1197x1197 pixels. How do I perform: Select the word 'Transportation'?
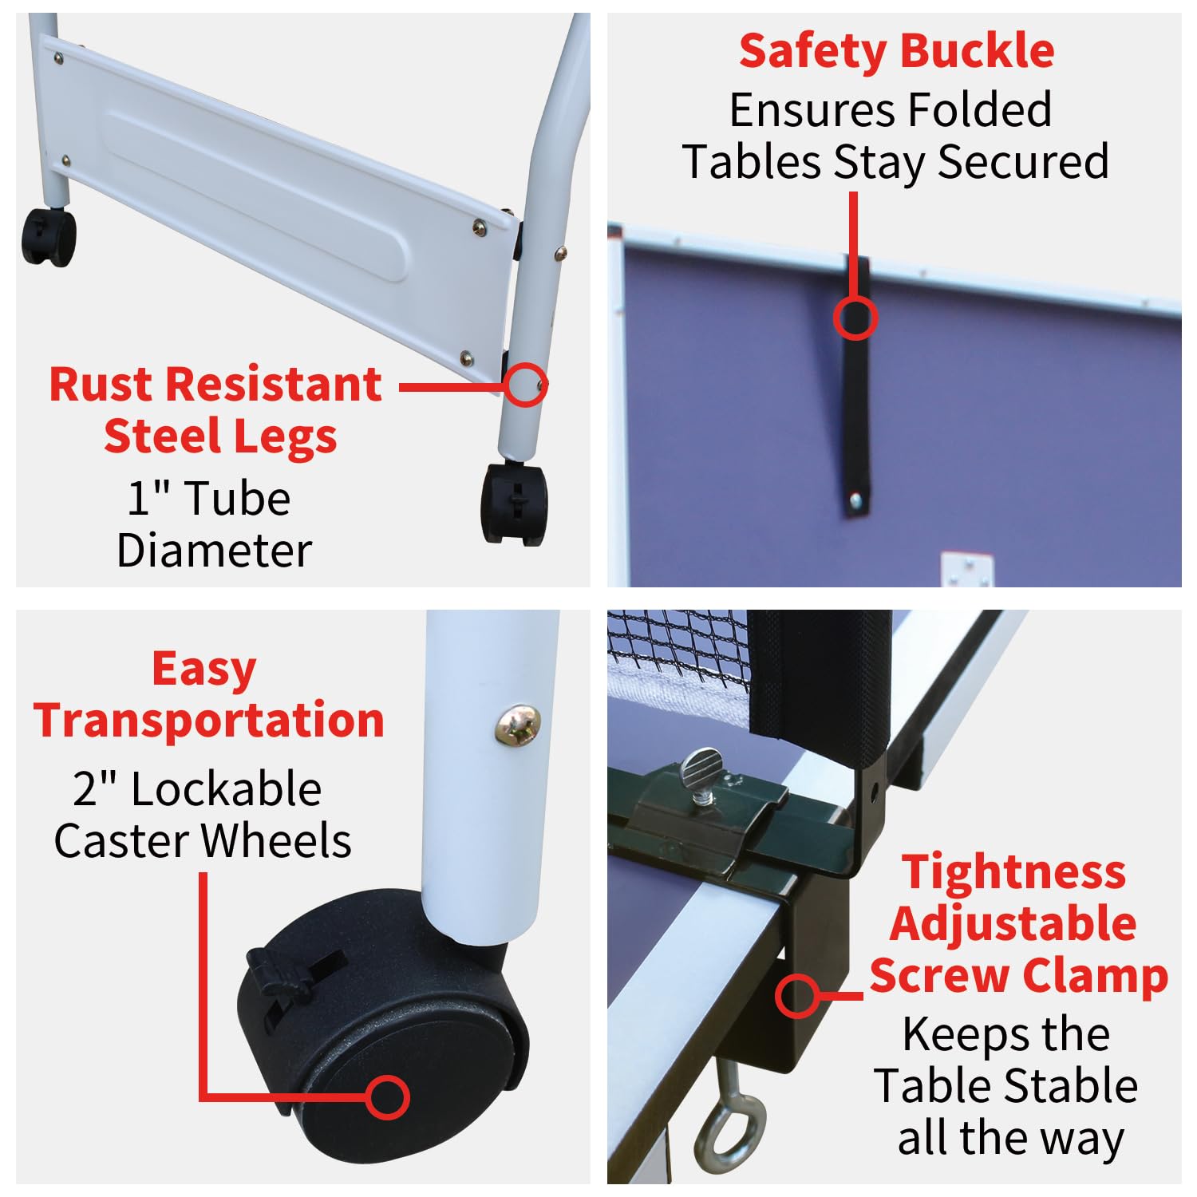pyautogui.click(x=209, y=720)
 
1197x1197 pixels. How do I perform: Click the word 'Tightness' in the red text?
pyautogui.click(x=1013, y=871)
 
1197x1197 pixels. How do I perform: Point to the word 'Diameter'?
pyautogui.click(x=214, y=551)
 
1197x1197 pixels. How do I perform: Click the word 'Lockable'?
pyautogui.click(x=226, y=789)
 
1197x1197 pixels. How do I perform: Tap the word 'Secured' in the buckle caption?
pyautogui.click(x=1023, y=162)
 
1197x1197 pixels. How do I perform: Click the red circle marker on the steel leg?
pyautogui.click(x=525, y=385)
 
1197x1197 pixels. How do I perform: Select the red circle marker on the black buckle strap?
pyautogui.click(x=855, y=317)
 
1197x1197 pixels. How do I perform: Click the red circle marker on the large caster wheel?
pyautogui.click(x=388, y=1096)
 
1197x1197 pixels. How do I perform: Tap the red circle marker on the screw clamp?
pyautogui.click(x=797, y=995)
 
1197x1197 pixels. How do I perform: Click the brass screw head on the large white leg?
pyautogui.click(x=517, y=725)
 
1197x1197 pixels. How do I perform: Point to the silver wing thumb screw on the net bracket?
pyautogui.click(x=702, y=772)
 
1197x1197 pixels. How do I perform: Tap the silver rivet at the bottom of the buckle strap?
pyautogui.click(x=855, y=501)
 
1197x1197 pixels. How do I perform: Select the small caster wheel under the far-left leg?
pyautogui.click(x=49, y=236)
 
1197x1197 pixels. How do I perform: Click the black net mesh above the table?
pyautogui.click(x=678, y=646)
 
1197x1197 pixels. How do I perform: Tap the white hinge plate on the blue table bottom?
pyautogui.click(x=967, y=570)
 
